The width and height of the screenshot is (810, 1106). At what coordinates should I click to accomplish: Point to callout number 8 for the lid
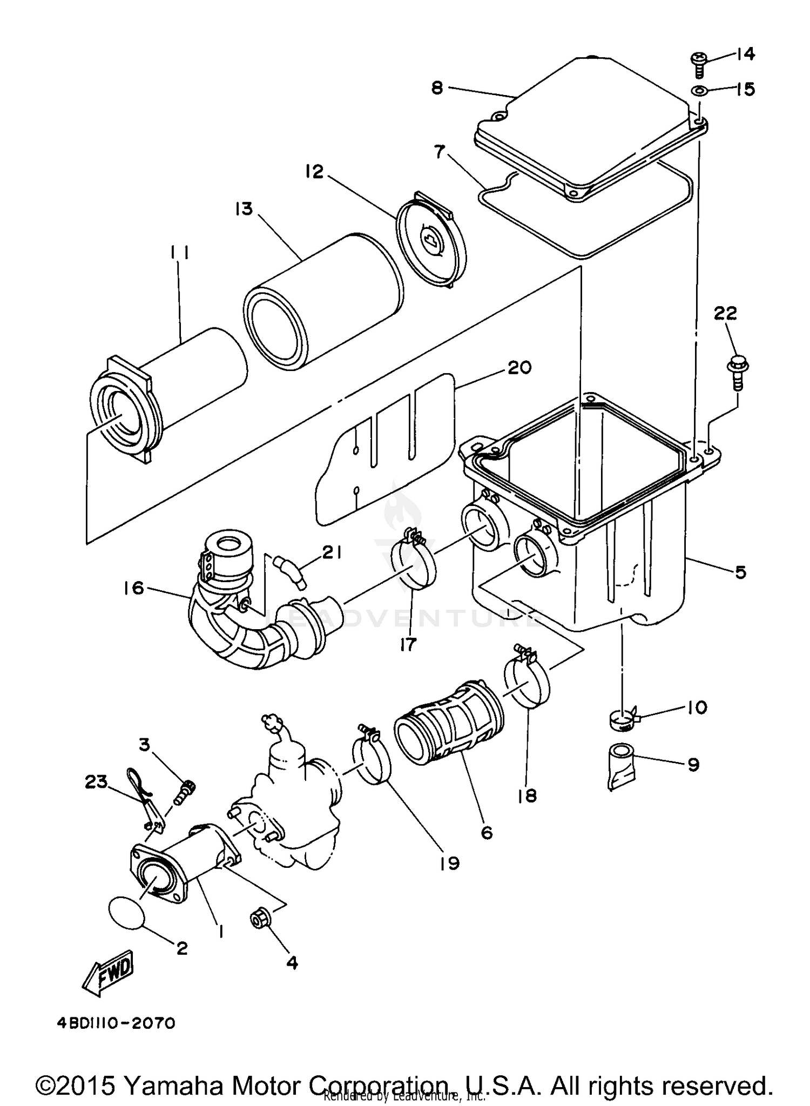pyautogui.click(x=437, y=87)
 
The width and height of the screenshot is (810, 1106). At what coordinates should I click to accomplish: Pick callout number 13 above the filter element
pyautogui.click(x=244, y=208)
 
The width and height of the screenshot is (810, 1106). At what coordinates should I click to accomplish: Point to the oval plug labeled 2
pyautogui.click(x=127, y=911)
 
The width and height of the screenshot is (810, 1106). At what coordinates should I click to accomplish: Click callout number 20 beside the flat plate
pyautogui.click(x=519, y=368)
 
